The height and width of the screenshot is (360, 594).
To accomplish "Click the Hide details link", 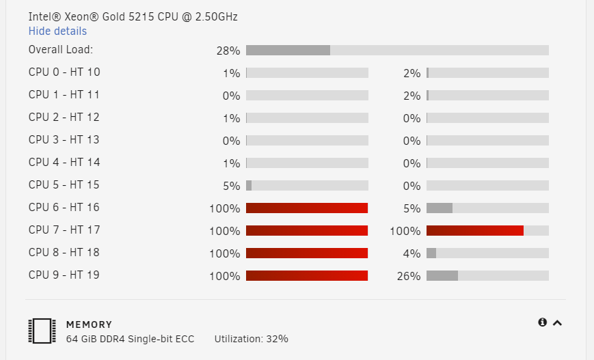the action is point(57,31).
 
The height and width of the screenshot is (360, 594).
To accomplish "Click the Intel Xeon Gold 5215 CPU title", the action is point(133,17).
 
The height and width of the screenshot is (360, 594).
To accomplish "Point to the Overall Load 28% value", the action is point(228,51).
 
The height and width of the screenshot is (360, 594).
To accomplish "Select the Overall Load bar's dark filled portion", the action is point(288,50).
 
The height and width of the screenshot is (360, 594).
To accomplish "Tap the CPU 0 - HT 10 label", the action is point(64,72).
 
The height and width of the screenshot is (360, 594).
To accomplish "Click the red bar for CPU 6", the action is point(307,208).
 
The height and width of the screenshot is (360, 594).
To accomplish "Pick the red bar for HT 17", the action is point(475,230).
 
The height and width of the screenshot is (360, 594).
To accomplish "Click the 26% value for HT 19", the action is point(408,277).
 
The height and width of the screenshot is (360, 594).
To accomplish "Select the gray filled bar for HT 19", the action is point(442,275).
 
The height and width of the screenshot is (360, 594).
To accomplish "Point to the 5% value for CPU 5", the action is point(231,186).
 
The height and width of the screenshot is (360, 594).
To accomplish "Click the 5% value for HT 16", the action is point(411,208).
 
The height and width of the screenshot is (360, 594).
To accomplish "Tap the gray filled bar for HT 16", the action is point(440,208).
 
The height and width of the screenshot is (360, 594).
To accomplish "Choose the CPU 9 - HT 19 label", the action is point(64,275).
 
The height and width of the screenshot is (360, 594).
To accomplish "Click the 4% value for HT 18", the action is point(411,253).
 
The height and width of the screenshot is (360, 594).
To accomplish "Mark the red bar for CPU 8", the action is point(307,253).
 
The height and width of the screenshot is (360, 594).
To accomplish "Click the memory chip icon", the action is point(42,331).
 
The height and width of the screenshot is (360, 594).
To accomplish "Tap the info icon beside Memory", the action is point(543,322).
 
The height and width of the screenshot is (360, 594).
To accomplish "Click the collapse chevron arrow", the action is point(557,323).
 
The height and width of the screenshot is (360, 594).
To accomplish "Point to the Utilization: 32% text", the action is point(251,339).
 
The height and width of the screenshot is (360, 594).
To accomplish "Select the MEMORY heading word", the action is point(89,324).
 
